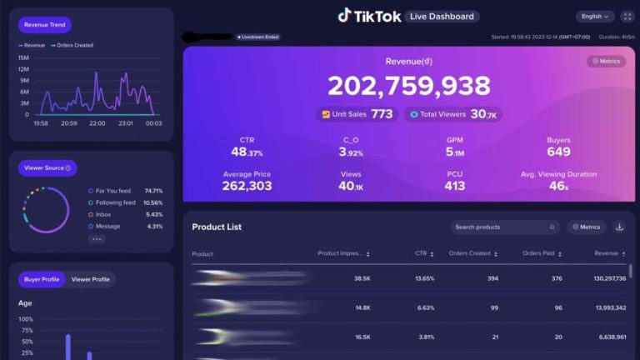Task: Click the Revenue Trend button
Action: click(45, 25)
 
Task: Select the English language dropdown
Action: click(594, 17)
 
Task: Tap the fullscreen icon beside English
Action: click(628, 17)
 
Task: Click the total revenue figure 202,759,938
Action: click(408, 86)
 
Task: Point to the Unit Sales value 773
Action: click(382, 114)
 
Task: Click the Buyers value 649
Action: click(558, 152)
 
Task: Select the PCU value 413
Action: click(454, 186)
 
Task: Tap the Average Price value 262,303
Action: click(247, 186)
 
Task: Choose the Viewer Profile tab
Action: click(90, 279)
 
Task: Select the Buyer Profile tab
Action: click(42, 279)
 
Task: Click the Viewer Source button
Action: click(47, 168)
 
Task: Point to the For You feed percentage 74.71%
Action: click(153, 191)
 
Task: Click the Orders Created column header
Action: click(472, 253)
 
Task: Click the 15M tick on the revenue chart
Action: click(23, 57)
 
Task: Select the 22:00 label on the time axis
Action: click(97, 123)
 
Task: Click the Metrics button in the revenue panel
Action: click(606, 61)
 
